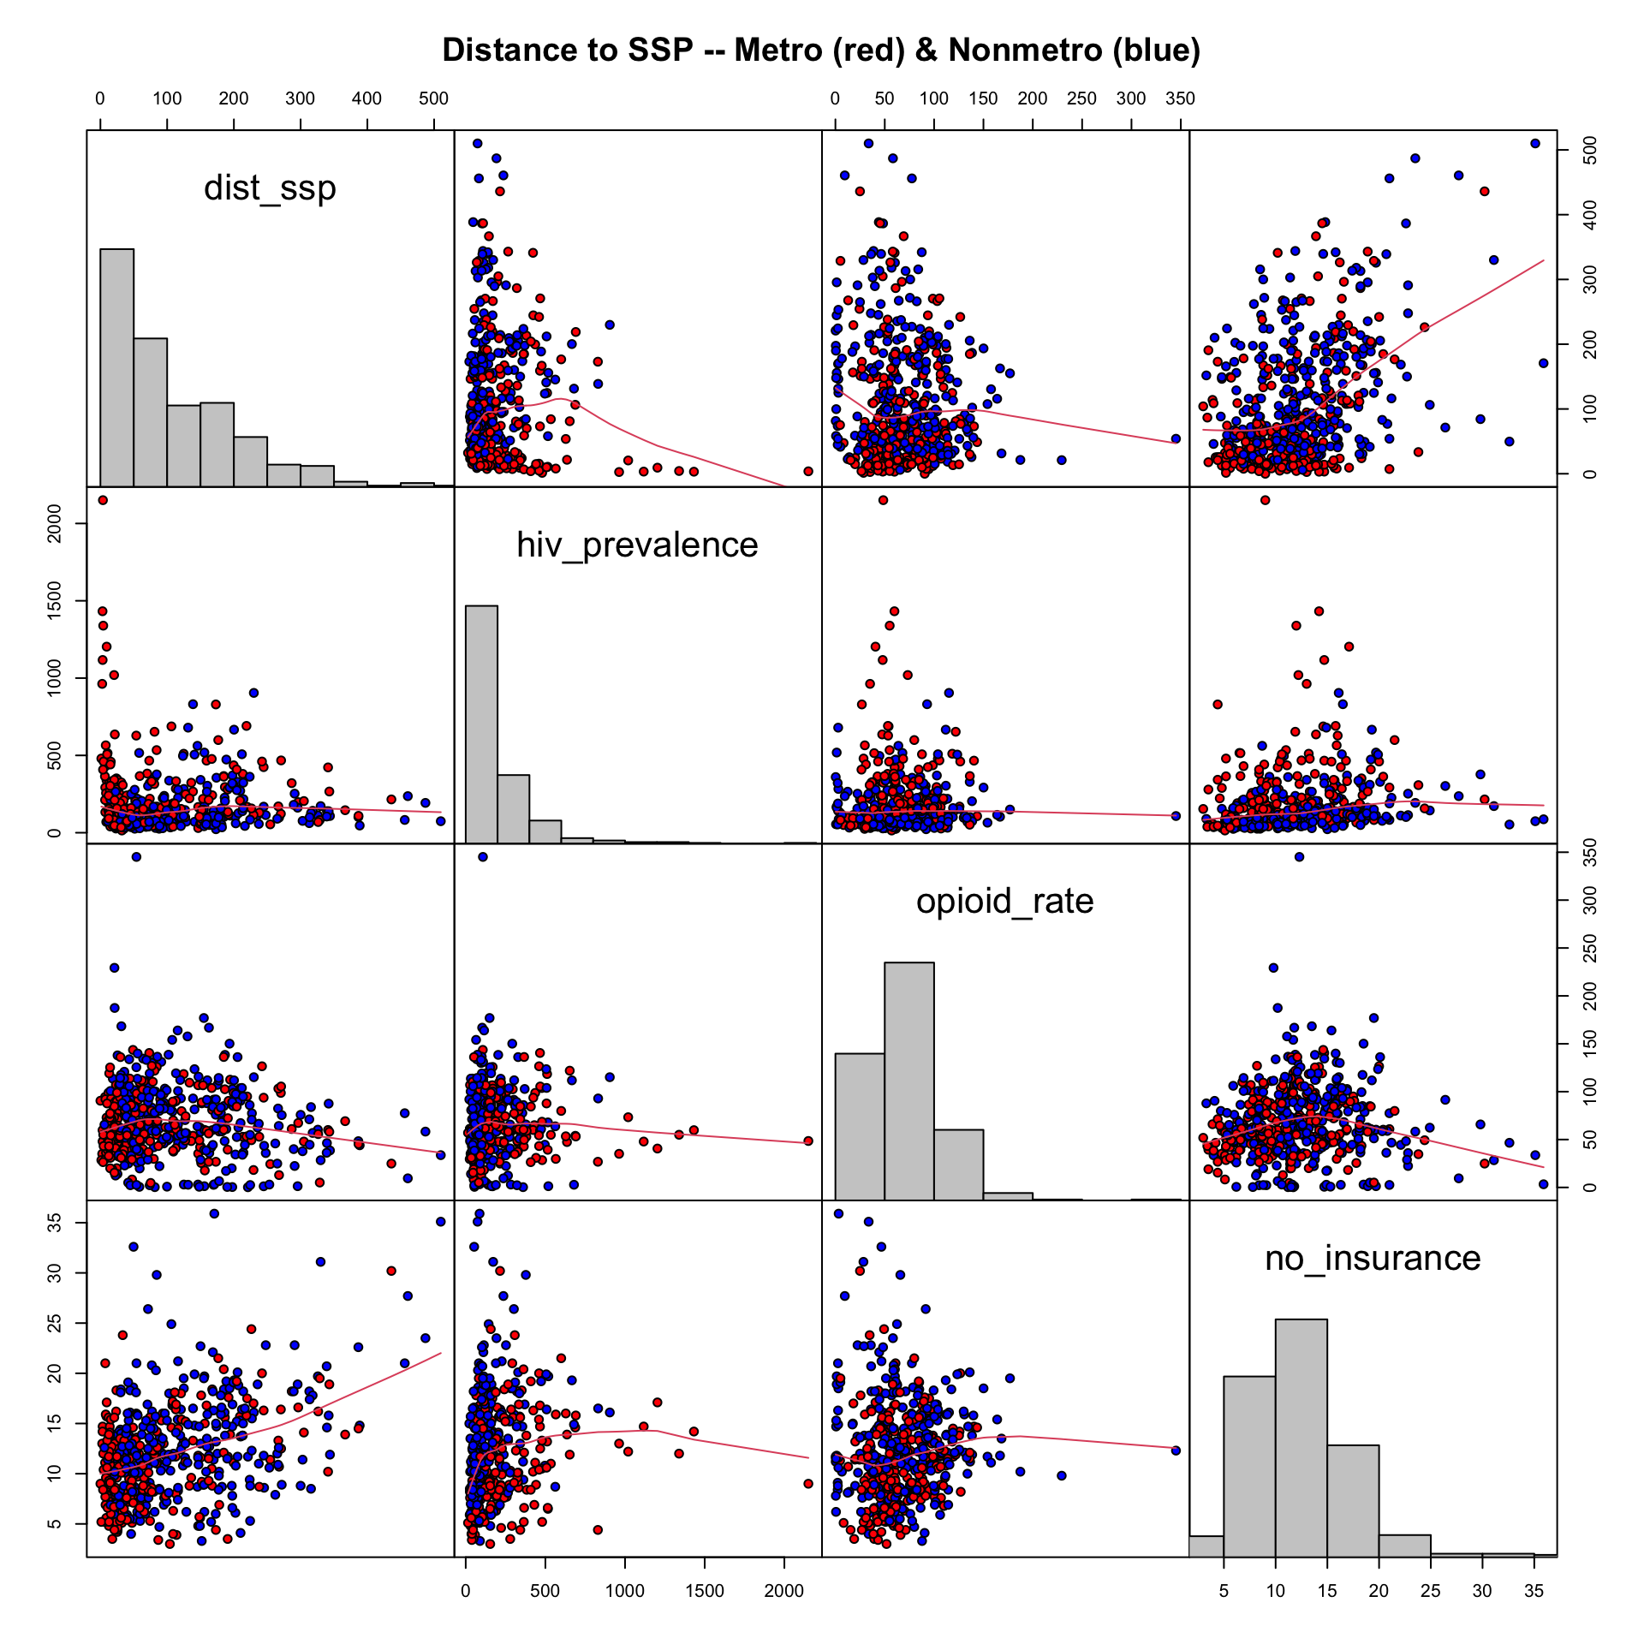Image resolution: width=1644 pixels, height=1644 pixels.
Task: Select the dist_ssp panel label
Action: pyautogui.click(x=270, y=188)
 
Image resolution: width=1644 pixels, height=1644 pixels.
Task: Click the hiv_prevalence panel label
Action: pyautogui.click(x=637, y=545)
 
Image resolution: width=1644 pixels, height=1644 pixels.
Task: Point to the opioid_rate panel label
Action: pyautogui.click(x=1004, y=901)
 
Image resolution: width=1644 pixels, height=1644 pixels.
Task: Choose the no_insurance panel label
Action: pyautogui.click(x=1373, y=1258)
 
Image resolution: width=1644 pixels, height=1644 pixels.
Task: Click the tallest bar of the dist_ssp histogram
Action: pyautogui.click(x=116, y=368)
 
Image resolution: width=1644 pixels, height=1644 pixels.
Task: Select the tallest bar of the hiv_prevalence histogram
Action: pyautogui.click(x=481, y=724)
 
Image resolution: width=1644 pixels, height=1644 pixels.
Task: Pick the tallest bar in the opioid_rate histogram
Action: pyautogui.click(x=909, y=1081)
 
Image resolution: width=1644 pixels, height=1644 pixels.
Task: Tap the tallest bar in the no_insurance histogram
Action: pyautogui.click(x=1301, y=1438)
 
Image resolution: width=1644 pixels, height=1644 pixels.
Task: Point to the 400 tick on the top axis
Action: pyautogui.click(x=366, y=98)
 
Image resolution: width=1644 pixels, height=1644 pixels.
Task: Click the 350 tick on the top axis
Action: pyautogui.click(x=1180, y=98)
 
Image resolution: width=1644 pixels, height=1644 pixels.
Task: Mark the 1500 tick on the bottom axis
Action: pyautogui.click(x=704, y=1591)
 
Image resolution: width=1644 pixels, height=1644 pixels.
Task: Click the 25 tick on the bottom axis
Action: pyautogui.click(x=1430, y=1591)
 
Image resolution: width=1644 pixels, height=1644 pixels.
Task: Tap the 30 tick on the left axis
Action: pyautogui.click(x=54, y=1272)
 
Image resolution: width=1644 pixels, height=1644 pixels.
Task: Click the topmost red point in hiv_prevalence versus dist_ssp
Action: pyautogui.click(x=103, y=500)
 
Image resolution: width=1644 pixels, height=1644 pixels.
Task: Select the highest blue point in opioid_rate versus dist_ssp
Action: pyautogui.click(x=135, y=856)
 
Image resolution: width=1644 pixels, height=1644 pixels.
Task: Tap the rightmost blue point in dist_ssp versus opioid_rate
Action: pyautogui.click(x=1176, y=438)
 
